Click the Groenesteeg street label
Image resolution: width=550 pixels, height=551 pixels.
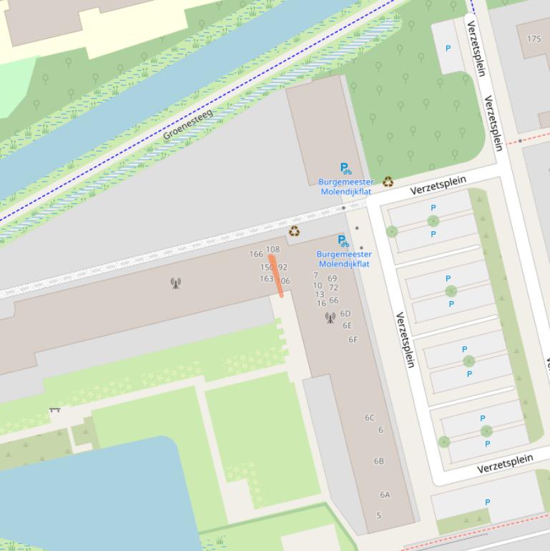coord(188,125)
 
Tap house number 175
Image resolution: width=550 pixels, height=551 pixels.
coord(534,39)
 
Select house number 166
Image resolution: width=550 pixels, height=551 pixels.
coord(256,254)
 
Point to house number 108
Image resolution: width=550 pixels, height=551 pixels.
coord(272,250)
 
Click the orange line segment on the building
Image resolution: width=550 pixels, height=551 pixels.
coord(276,275)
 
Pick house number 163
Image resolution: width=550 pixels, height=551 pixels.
coord(266,279)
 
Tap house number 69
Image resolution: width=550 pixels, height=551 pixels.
coord(332,278)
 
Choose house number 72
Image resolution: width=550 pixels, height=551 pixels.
coord(333,288)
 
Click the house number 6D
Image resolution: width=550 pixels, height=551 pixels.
coord(345,313)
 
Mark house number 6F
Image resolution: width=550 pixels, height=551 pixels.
coord(353,340)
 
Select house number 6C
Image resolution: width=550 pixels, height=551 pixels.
coord(370,418)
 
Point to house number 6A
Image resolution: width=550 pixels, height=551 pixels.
coord(385,494)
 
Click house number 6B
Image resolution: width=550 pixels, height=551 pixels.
coord(379,461)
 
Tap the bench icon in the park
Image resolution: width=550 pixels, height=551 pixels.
coord(54,410)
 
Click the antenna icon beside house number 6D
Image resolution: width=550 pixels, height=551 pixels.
coord(330,317)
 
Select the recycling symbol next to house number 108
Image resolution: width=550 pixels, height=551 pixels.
coord(294,231)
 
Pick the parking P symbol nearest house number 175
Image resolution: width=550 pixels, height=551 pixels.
coord(448,49)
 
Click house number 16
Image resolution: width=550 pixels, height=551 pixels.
coord(321,303)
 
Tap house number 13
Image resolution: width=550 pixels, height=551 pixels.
coord(319,294)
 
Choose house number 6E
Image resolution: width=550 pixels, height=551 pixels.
coord(348,326)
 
